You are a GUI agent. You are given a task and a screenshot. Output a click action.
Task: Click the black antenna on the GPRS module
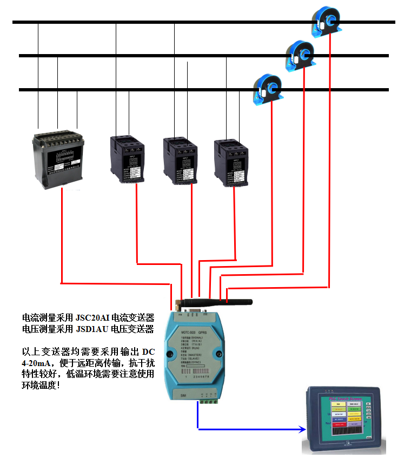[216, 301]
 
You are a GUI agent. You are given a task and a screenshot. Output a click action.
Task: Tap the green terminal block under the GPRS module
[209, 400]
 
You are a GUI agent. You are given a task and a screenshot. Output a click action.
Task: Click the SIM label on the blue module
[183, 396]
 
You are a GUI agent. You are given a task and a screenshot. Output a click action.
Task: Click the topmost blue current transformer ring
[327, 22]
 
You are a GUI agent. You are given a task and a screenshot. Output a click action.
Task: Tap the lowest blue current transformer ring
[269, 88]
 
